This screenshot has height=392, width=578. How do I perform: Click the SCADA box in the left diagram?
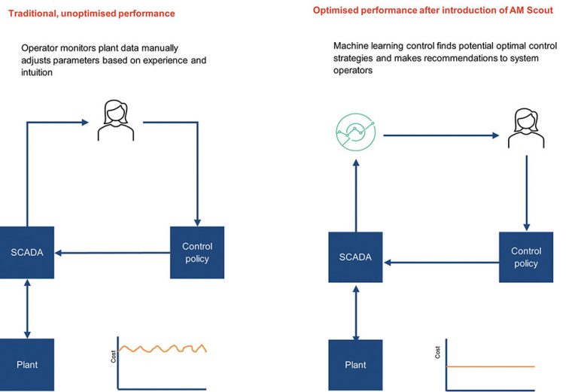(27, 252)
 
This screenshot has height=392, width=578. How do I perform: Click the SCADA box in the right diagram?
(355, 257)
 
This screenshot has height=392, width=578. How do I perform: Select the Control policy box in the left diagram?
(197, 252)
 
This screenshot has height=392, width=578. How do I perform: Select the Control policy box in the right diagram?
(525, 257)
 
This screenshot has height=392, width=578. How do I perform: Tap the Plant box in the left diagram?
(27, 364)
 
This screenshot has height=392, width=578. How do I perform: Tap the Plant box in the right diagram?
(355, 365)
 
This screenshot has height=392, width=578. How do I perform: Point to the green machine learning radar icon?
(355, 133)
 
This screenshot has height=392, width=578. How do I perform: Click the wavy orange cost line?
(162, 348)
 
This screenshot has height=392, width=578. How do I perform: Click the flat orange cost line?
(489, 366)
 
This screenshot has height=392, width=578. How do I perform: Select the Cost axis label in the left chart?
(114, 357)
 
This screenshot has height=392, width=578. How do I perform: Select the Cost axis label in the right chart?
(439, 351)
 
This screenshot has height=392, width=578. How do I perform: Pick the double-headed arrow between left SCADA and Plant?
(27, 308)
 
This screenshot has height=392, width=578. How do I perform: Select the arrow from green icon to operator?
(440, 135)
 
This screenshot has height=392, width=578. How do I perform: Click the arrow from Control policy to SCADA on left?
(113, 253)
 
